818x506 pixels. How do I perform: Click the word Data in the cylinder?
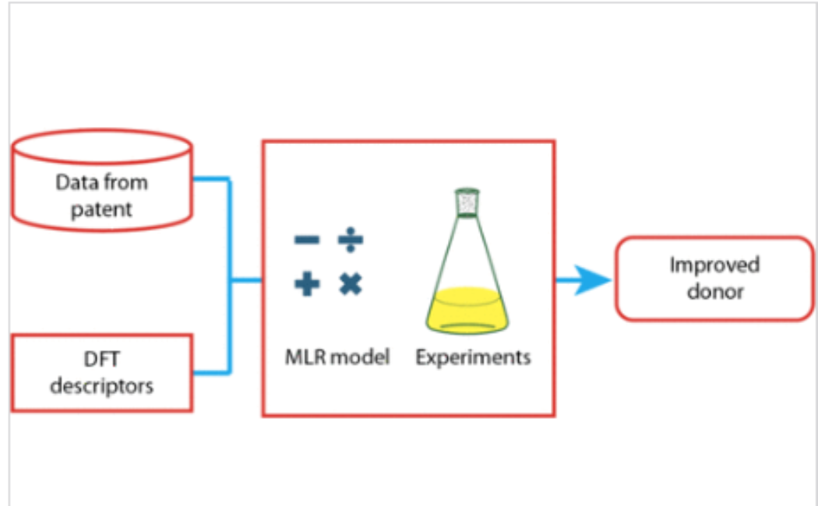pos(78,184)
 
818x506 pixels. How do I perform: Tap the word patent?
pos(102,209)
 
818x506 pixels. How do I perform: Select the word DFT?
pos(102,360)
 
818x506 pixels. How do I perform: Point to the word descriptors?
pos(102,385)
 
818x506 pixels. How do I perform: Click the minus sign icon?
pos(306,240)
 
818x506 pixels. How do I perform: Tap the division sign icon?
pos(351,240)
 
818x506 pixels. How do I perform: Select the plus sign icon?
pos(307,284)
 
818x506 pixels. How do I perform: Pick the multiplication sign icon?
pos(351,284)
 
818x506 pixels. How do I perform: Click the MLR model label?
pos(337,357)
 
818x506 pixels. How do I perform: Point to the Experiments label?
pos(473,357)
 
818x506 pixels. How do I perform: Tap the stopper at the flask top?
pos(467,202)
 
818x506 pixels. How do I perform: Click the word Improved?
pos(714,265)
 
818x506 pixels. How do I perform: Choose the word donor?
pos(714,292)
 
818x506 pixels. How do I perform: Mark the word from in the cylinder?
pos(129,184)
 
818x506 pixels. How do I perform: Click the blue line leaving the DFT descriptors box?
pos(210,372)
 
